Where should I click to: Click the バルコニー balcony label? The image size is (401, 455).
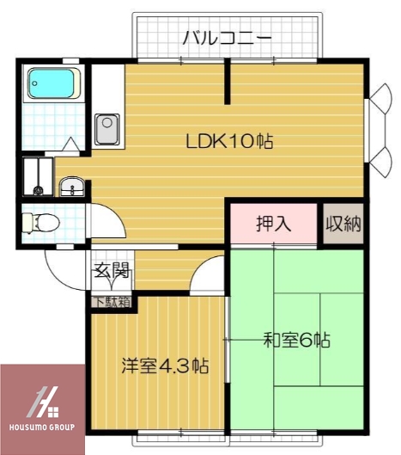point(228,38)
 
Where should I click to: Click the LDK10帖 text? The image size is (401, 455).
point(229,142)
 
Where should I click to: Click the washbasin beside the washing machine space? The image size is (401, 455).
point(71,185)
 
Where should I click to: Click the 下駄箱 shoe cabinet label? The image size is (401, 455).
point(112,301)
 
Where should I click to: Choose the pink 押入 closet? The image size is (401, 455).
point(273,224)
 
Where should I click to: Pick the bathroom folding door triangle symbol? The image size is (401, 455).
point(71,144)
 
